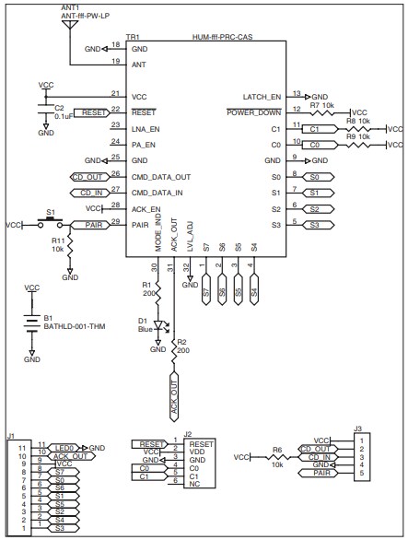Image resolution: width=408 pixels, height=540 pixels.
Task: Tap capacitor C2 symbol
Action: (x=45, y=109)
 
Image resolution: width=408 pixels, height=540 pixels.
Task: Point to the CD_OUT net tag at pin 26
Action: (x=88, y=174)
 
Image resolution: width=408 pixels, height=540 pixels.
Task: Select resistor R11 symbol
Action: (x=70, y=247)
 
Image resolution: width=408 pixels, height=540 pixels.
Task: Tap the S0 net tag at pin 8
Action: (x=314, y=175)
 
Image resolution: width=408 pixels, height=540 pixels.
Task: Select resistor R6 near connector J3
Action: (x=276, y=456)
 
